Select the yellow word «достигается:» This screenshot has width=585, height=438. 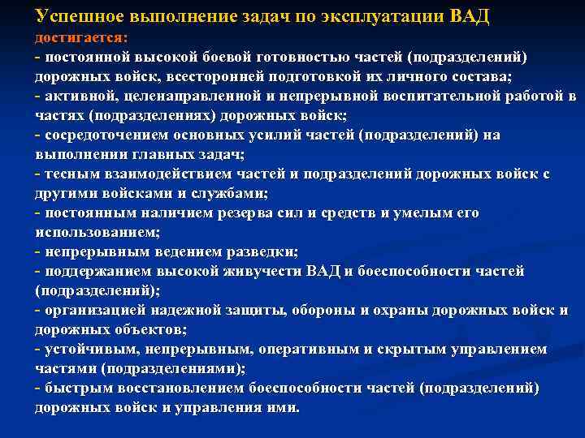coord(86,38)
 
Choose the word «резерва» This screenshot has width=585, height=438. coord(245,213)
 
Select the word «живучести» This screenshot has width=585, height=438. coord(264,272)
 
